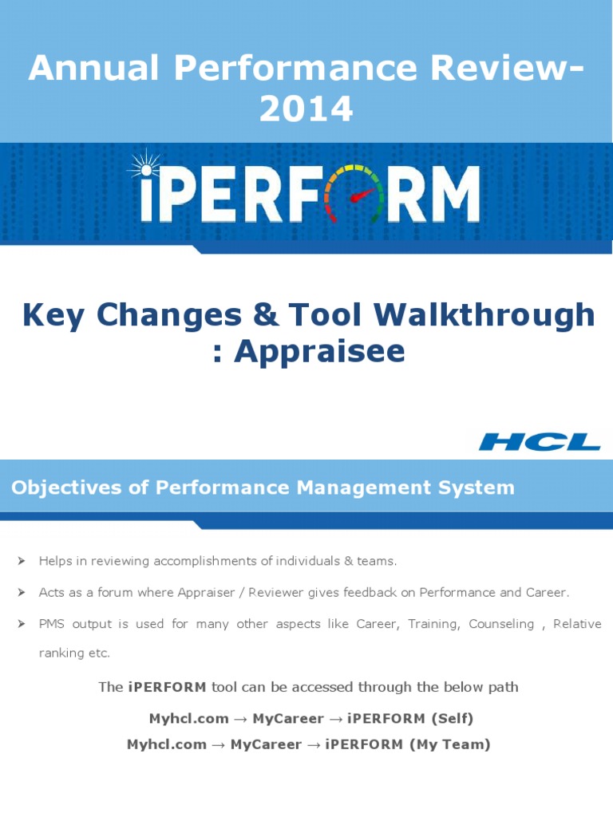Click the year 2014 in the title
click(306, 109)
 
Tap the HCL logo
click(540, 441)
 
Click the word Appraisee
click(319, 351)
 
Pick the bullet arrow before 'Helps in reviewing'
click(22, 562)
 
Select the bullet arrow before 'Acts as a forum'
click(22, 593)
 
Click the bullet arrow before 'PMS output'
click(22, 624)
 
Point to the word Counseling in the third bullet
click(501, 624)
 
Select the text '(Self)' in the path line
click(452, 718)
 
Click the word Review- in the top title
click(503, 69)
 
